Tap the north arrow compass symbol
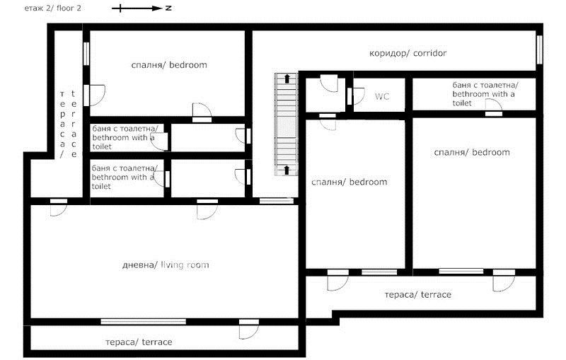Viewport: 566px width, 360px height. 141,8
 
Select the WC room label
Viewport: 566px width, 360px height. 382,96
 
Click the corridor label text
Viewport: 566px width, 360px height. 408,53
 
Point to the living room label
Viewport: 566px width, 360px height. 166,265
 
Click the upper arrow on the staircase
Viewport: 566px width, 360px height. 287,79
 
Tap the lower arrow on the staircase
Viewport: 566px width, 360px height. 287,170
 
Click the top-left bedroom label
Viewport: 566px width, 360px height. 169,65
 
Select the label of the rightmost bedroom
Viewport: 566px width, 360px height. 472,152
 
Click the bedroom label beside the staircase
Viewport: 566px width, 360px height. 349,182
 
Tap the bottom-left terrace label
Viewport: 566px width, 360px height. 139,342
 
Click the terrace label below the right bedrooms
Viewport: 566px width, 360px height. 418,295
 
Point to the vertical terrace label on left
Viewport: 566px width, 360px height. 68,124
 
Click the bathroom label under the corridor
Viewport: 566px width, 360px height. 485,94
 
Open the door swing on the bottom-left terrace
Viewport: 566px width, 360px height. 249,329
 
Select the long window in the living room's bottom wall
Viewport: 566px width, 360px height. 144,321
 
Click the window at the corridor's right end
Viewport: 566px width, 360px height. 539,50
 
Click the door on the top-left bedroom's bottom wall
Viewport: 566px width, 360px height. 202,112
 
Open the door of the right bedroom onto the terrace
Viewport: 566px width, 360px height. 504,280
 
